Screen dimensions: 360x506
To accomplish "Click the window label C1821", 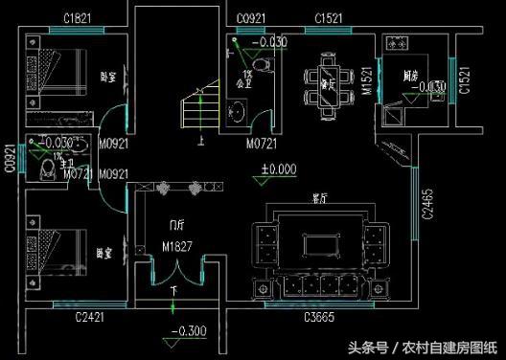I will (x=76, y=18).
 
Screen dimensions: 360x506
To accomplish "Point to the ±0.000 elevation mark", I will (x=279, y=169).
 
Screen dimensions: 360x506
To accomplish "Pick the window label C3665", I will (x=318, y=316).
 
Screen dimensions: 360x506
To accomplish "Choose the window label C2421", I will (x=92, y=316).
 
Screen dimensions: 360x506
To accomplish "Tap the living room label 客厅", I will (x=320, y=199).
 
